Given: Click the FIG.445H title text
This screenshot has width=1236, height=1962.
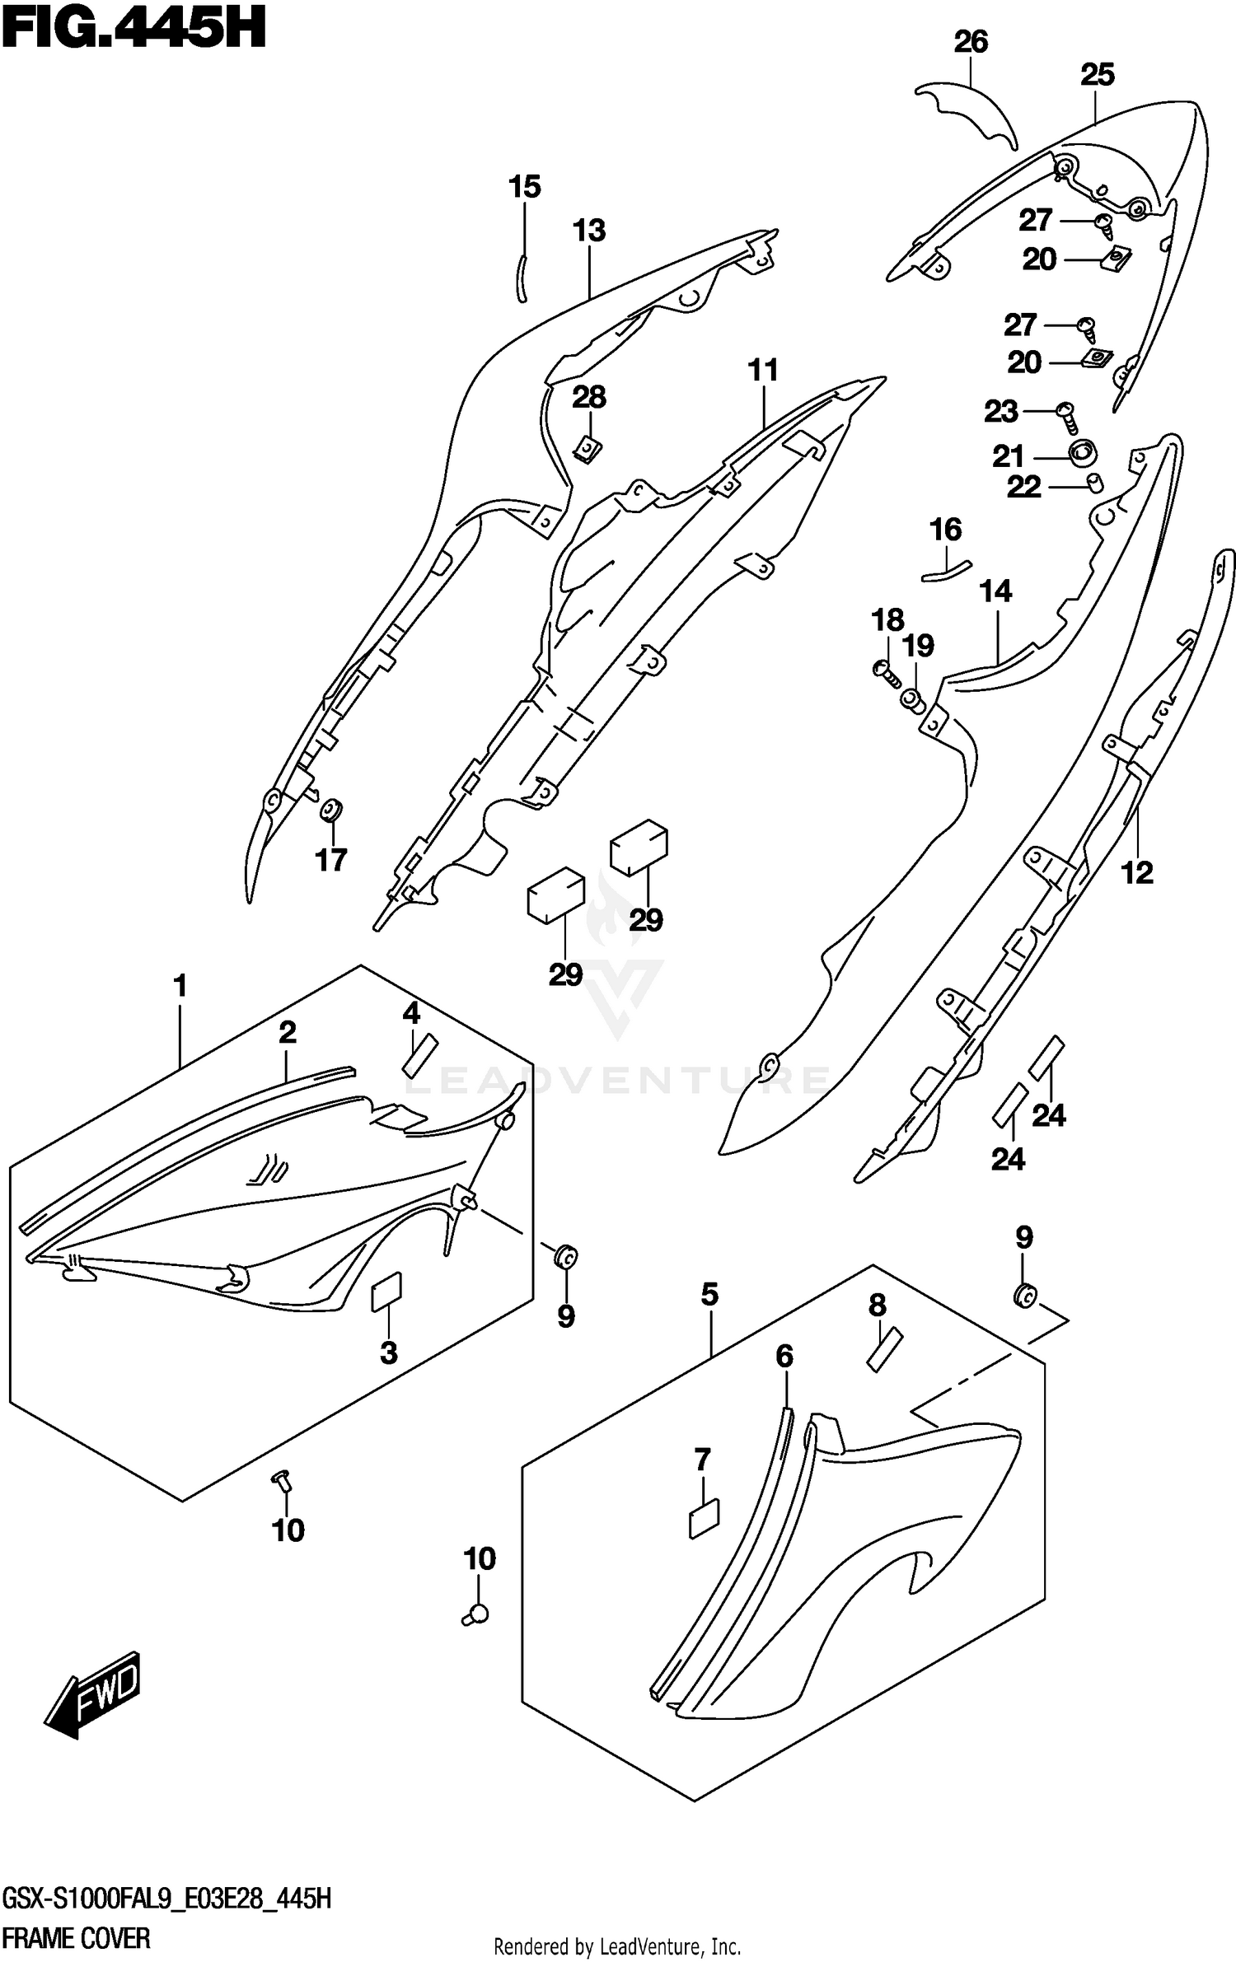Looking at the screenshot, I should pos(133,30).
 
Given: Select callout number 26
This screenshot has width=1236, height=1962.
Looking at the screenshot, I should pos(971,42).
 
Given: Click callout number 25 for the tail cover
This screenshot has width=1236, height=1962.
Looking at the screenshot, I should pos(1097,75).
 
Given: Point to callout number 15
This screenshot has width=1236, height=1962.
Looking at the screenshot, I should pos(524,187).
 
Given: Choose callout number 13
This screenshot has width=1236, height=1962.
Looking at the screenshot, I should pos(589,231).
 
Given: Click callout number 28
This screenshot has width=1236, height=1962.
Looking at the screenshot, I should pos(589,397).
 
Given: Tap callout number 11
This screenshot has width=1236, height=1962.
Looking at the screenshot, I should pos(763,371).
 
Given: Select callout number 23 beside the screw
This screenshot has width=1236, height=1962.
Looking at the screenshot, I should pos(1001,411).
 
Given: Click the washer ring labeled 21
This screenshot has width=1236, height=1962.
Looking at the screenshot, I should pos(1083,452).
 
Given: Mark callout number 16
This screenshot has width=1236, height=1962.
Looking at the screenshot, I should pos(945,529).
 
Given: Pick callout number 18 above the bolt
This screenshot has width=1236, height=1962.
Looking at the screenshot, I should pos(888,619).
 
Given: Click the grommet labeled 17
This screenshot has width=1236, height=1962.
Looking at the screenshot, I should pos(332,810).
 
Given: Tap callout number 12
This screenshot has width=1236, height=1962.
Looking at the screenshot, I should pos(1137,872).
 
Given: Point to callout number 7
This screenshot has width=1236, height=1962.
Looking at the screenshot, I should pos(702,1460).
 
